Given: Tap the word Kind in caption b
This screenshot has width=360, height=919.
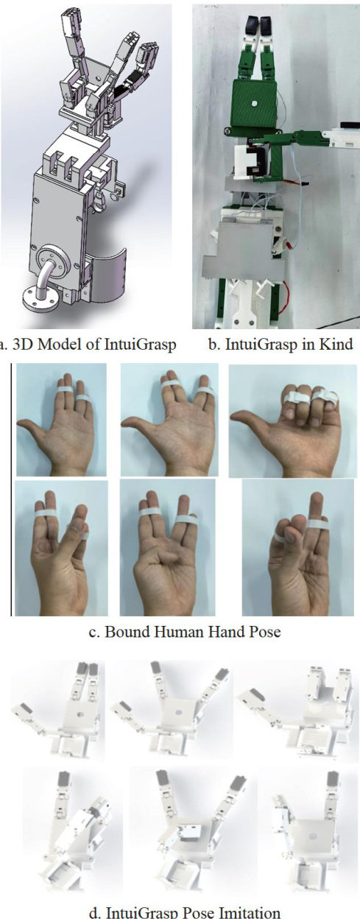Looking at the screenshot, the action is pos(336,343).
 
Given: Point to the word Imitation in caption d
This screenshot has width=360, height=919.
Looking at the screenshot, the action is pos(250,912).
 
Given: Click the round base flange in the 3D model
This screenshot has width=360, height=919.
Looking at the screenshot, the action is pos(38,297).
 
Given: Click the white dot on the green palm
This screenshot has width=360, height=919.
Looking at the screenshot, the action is pos(254,104).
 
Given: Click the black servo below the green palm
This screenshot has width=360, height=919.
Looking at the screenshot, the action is pos(255,163).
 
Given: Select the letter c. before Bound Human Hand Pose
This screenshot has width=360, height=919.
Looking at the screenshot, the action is pos(95,633).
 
